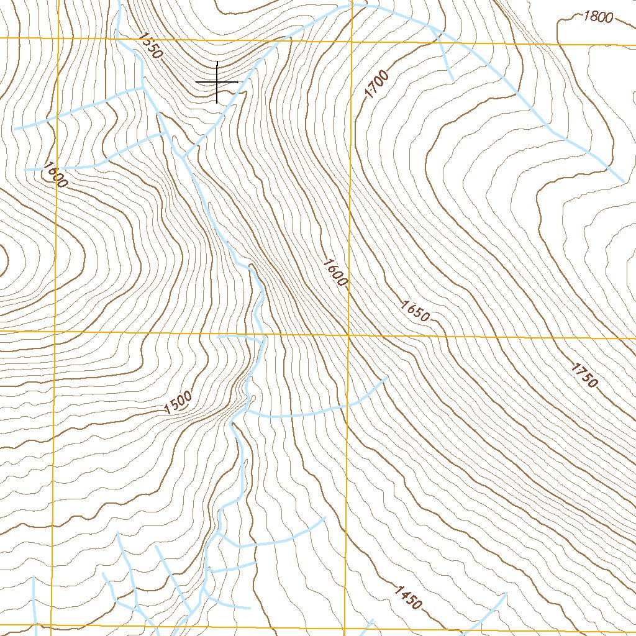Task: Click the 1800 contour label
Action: click(x=598, y=17)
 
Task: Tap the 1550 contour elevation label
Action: click(x=151, y=45)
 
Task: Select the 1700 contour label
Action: click(x=377, y=85)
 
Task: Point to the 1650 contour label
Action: click(x=415, y=311)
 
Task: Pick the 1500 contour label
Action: click(x=179, y=403)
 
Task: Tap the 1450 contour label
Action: click(x=408, y=597)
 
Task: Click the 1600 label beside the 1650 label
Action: click(x=335, y=273)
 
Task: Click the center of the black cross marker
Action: click(x=217, y=82)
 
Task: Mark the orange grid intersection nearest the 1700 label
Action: click(x=352, y=41)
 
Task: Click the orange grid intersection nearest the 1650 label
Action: click(x=349, y=335)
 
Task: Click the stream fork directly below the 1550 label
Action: click(x=144, y=88)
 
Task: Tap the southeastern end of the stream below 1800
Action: click(x=623, y=181)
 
